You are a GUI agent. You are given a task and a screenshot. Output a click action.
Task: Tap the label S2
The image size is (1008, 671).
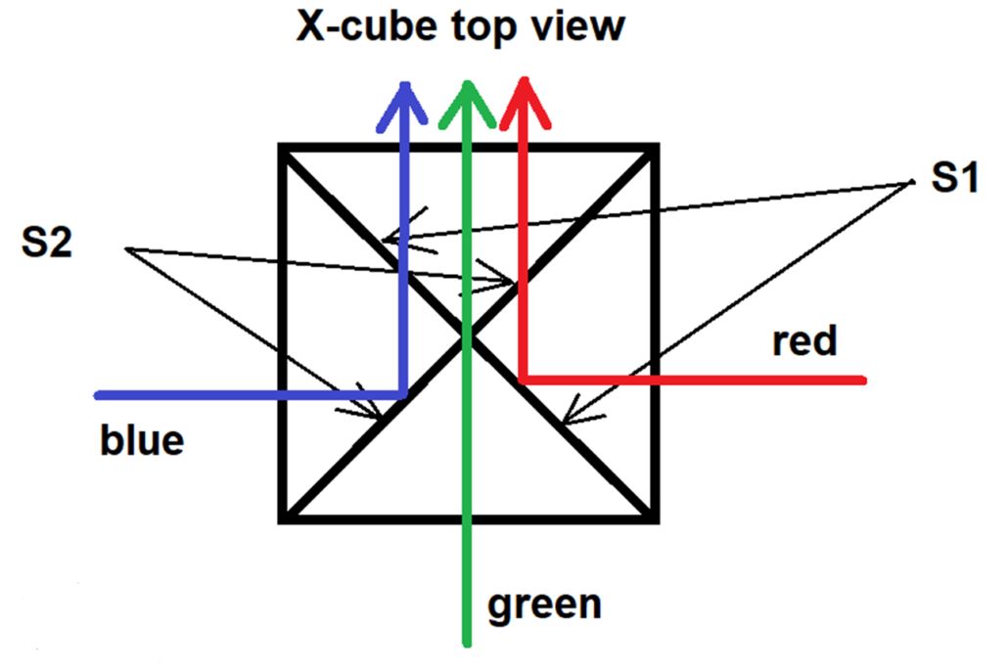(47, 243)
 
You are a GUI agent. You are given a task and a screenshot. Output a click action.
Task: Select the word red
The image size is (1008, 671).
(804, 342)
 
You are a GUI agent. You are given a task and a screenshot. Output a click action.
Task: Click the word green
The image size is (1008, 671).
(545, 604)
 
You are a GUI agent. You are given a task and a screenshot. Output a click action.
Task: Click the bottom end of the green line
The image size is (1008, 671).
(468, 644)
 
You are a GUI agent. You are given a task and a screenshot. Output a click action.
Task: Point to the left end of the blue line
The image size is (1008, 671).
(98, 395)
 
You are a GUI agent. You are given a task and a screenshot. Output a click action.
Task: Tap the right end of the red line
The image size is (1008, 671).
(865, 379)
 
